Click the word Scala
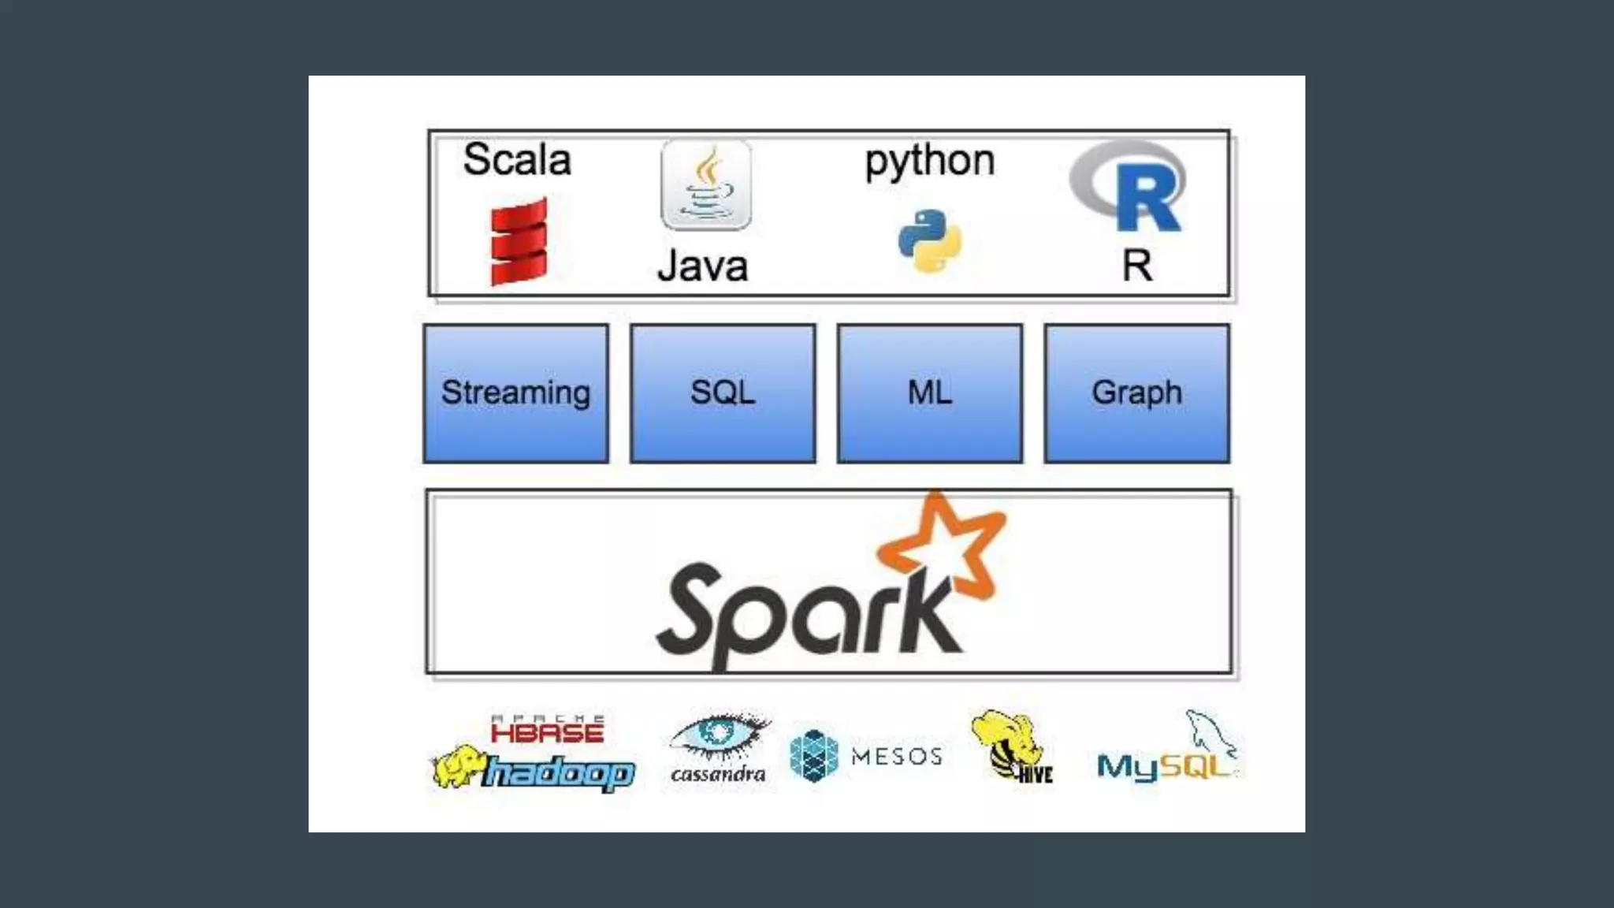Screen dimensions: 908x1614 pos(517,160)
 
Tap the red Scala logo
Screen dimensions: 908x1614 pos(519,241)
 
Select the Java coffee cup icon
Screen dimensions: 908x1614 pos(706,185)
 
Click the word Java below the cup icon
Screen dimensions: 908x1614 pos(702,266)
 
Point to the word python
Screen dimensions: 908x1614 pos(929,162)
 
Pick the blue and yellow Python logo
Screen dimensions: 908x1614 pos(930,241)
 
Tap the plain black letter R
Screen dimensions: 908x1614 pos(1136,266)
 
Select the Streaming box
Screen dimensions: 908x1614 pos(516,393)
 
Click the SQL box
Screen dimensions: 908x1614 pos(723,393)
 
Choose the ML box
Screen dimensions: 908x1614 pos(930,393)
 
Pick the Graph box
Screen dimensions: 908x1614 pos(1136,393)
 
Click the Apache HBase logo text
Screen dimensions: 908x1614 pos(547,731)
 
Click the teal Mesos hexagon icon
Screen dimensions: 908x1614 pos(813,756)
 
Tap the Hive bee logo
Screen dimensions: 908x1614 pos(1009,745)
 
